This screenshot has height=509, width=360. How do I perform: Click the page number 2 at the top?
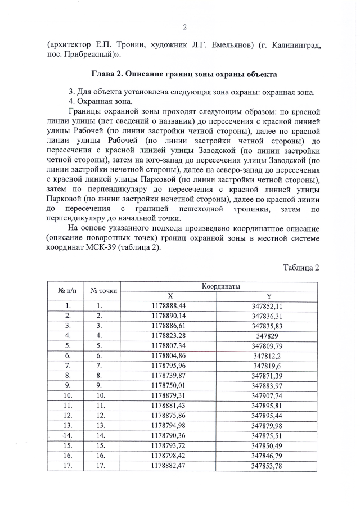tap(184, 26)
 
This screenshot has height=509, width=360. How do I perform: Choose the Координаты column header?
tap(221, 286)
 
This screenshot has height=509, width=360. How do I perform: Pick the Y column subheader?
tap(268, 296)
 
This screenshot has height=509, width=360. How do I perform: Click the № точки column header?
tap(103, 291)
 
